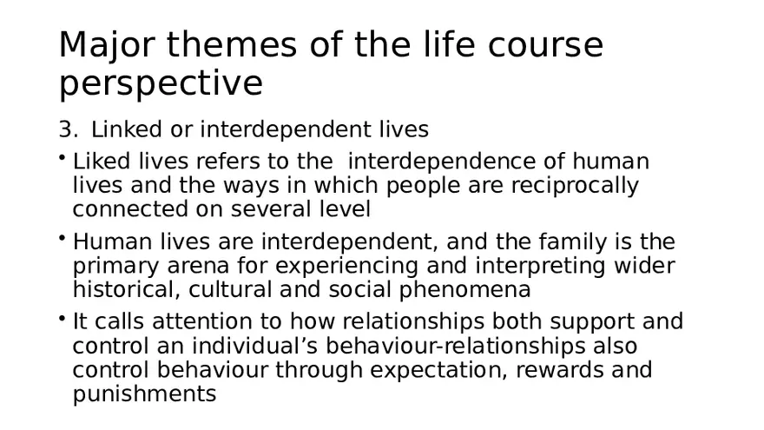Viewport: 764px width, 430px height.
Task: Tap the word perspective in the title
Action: tap(161, 83)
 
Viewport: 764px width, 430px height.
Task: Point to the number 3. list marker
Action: tap(68, 130)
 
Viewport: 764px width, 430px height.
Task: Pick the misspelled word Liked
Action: tap(99, 162)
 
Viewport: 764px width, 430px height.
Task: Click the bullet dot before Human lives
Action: tap(63, 236)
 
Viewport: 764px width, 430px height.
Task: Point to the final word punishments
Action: tap(144, 394)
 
